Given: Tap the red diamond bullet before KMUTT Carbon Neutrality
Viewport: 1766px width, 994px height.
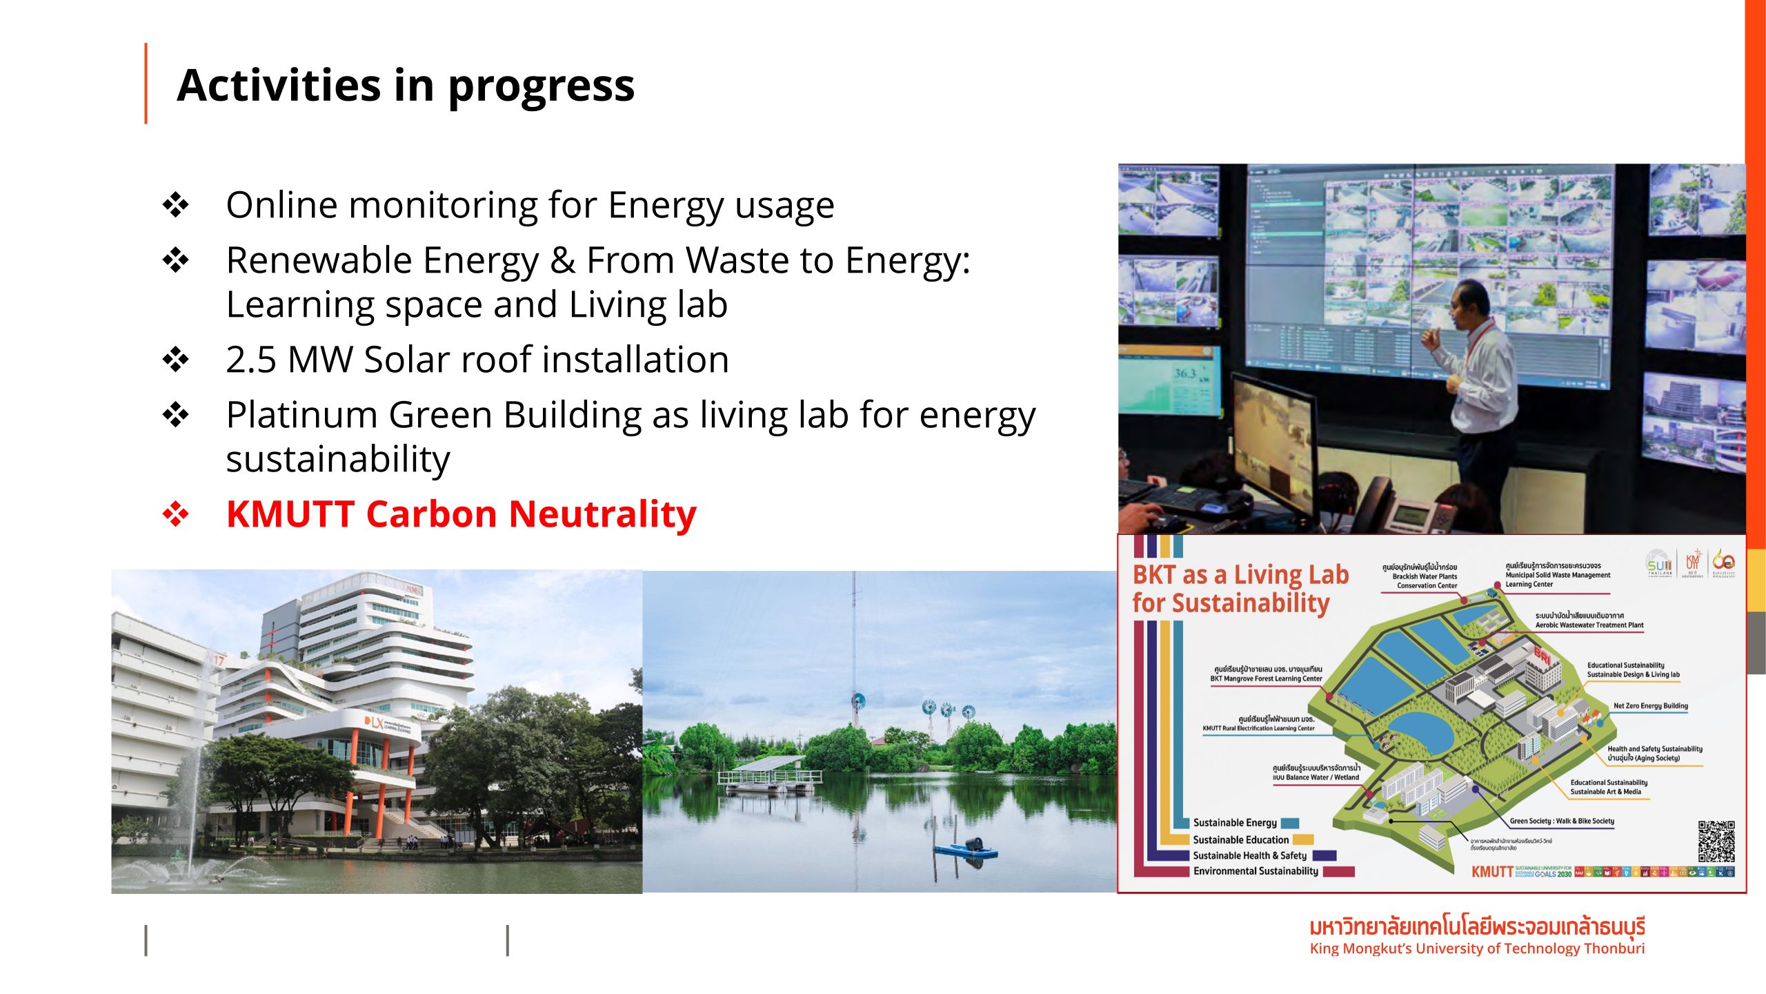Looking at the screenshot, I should click(x=176, y=514).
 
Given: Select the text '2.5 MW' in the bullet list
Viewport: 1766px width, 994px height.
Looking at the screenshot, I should click(x=288, y=360).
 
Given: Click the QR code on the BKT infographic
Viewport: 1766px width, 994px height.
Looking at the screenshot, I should click(x=1716, y=841).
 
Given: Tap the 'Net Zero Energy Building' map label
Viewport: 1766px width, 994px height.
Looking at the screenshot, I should click(x=1650, y=705).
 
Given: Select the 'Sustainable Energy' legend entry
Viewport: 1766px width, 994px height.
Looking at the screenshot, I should click(x=1235, y=823).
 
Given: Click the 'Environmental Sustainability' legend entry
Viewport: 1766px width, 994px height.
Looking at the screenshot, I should click(x=1256, y=871).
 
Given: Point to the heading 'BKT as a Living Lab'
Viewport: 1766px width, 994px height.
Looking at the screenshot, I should click(x=1240, y=574).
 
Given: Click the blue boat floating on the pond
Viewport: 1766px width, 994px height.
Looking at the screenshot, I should click(x=966, y=849).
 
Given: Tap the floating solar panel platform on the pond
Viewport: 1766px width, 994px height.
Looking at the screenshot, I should click(x=769, y=773).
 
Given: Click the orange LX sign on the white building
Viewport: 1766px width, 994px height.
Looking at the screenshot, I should click(x=373, y=722).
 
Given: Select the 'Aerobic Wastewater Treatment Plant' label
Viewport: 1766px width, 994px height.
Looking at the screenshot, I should click(x=1589, y=625).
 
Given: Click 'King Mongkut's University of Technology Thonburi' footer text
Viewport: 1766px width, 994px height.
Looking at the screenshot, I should click(x=1476, y=948).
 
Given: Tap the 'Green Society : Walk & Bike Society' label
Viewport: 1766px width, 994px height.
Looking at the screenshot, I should click(x=1561, y=821).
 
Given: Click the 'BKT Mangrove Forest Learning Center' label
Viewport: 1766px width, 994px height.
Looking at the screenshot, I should click(x=1266, y=679).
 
